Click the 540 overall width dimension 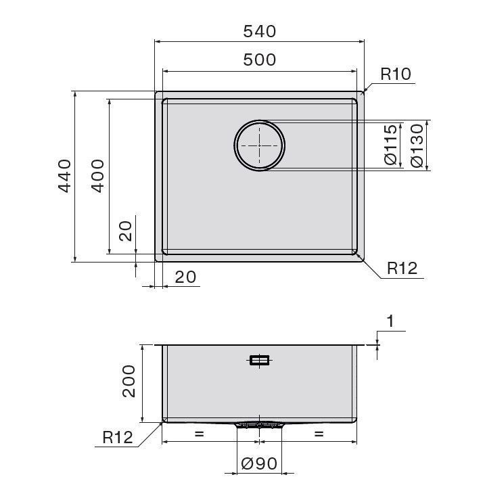coord(260,31)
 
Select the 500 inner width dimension coord(260,60)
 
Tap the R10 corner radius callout coord(396,74)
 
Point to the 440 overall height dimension coord(64,175)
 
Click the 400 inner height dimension coord(97,175)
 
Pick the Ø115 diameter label coord(390,145)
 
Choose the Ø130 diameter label coord(417,145)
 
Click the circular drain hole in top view coord(260,145)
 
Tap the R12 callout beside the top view coord(402,269)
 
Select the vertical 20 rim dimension coord(126,232)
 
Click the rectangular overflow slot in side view coord(260,360)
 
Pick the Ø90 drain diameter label coord(259,464)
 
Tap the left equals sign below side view coord(199,434)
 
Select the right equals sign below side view coord(319,434)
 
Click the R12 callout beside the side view coord(118,437)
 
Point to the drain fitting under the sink coord(260,425)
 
